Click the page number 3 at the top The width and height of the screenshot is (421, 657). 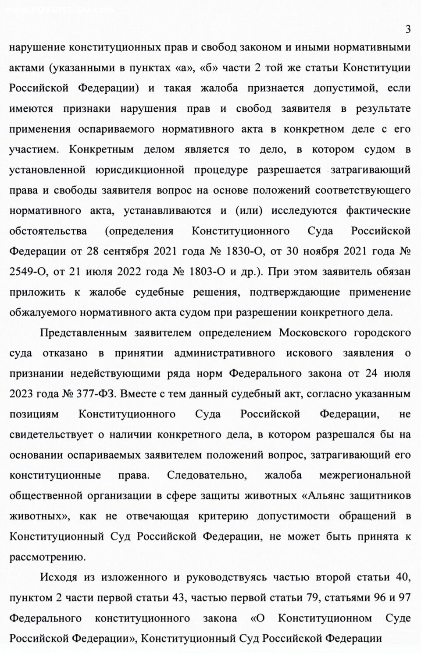click(x=408, y=30)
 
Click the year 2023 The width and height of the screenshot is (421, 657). click(x=21, y=394)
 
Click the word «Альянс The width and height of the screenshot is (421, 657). click(x=324, y=495)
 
